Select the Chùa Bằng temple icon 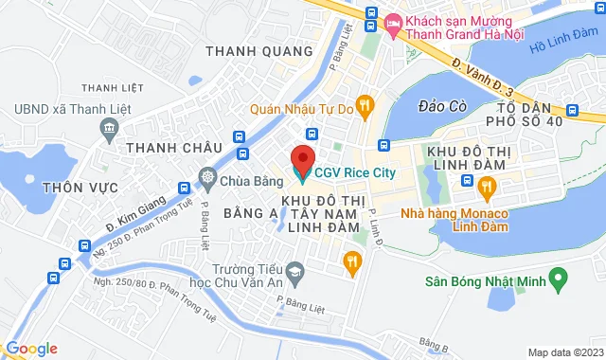tap(207, 176)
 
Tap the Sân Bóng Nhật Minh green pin tap(559, 279)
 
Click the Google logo tap(31, 349)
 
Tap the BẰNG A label tap(250, 215)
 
